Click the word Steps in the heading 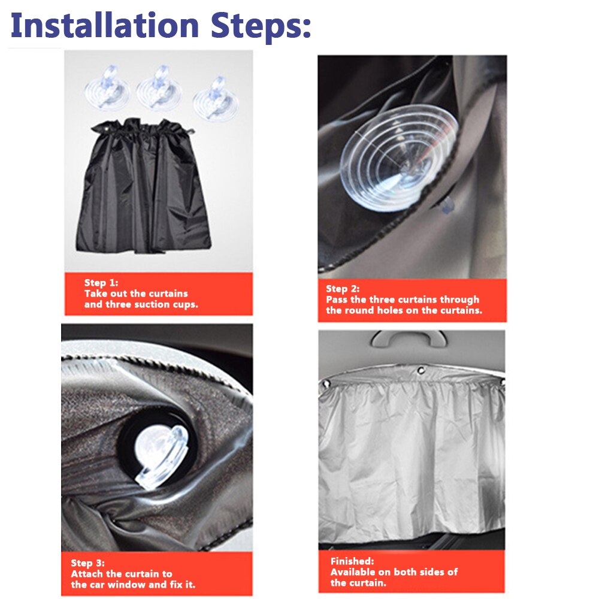(x=261, y=27)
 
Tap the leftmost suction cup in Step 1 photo (x=107, y=88)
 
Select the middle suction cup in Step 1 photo (x=159, y=88)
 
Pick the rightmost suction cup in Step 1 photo (x=216, y=99)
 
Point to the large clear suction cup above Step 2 (x=399, y=157)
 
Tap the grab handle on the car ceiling (x=409, y=338)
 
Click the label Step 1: (x=101, y=283)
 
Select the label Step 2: (x=343, y=289)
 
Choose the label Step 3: (x=88, y=562)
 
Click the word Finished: (x=352, y=561)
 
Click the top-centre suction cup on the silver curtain (x=421, y=371)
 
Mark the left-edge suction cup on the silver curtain (x=326, y=383)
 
